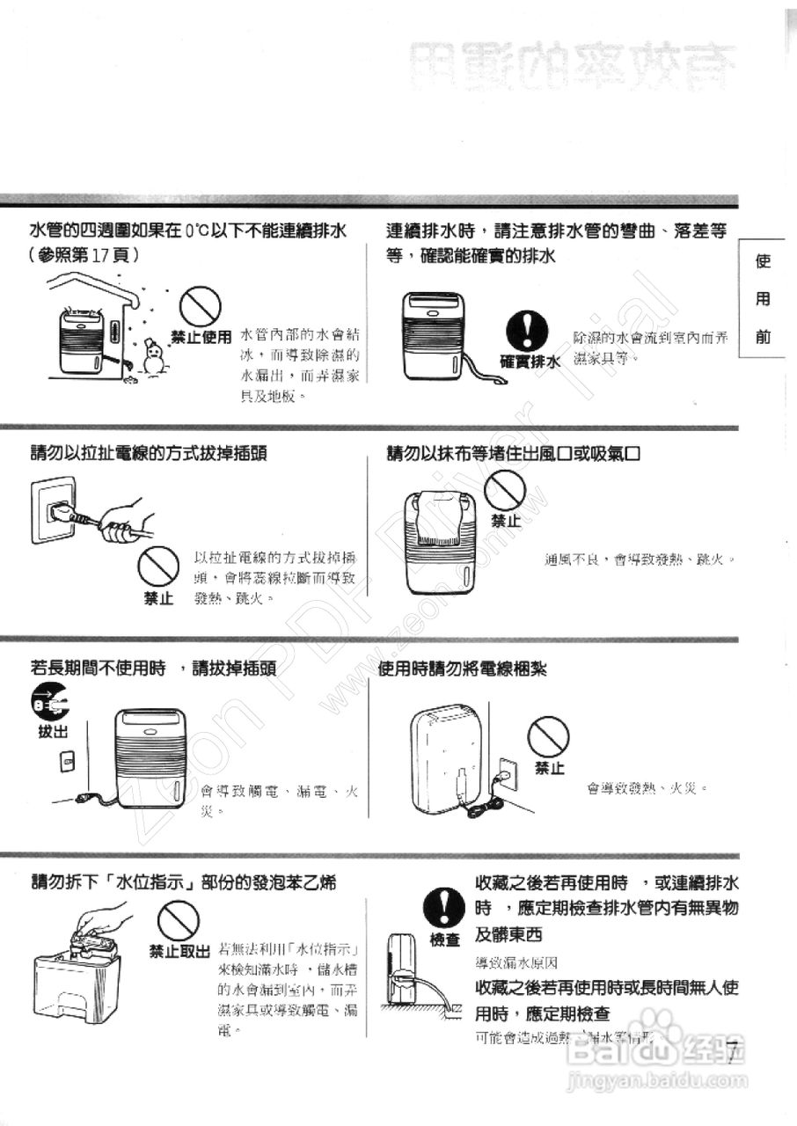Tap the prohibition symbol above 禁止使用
pyautogui.click(x=200, y=307)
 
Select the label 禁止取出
pyautogui.click(x=179, y=951)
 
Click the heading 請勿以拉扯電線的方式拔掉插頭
pyautogui.click(x=149, y=454)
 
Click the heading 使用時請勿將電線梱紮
pyautogui.click(x=462, y=669)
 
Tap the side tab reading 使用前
pyautogui.click(x=763, y=299)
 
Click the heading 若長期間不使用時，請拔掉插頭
pyautogui.click(x=153, y=669)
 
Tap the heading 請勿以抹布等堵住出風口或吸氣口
pyautogui.click(x=512, y=454)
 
